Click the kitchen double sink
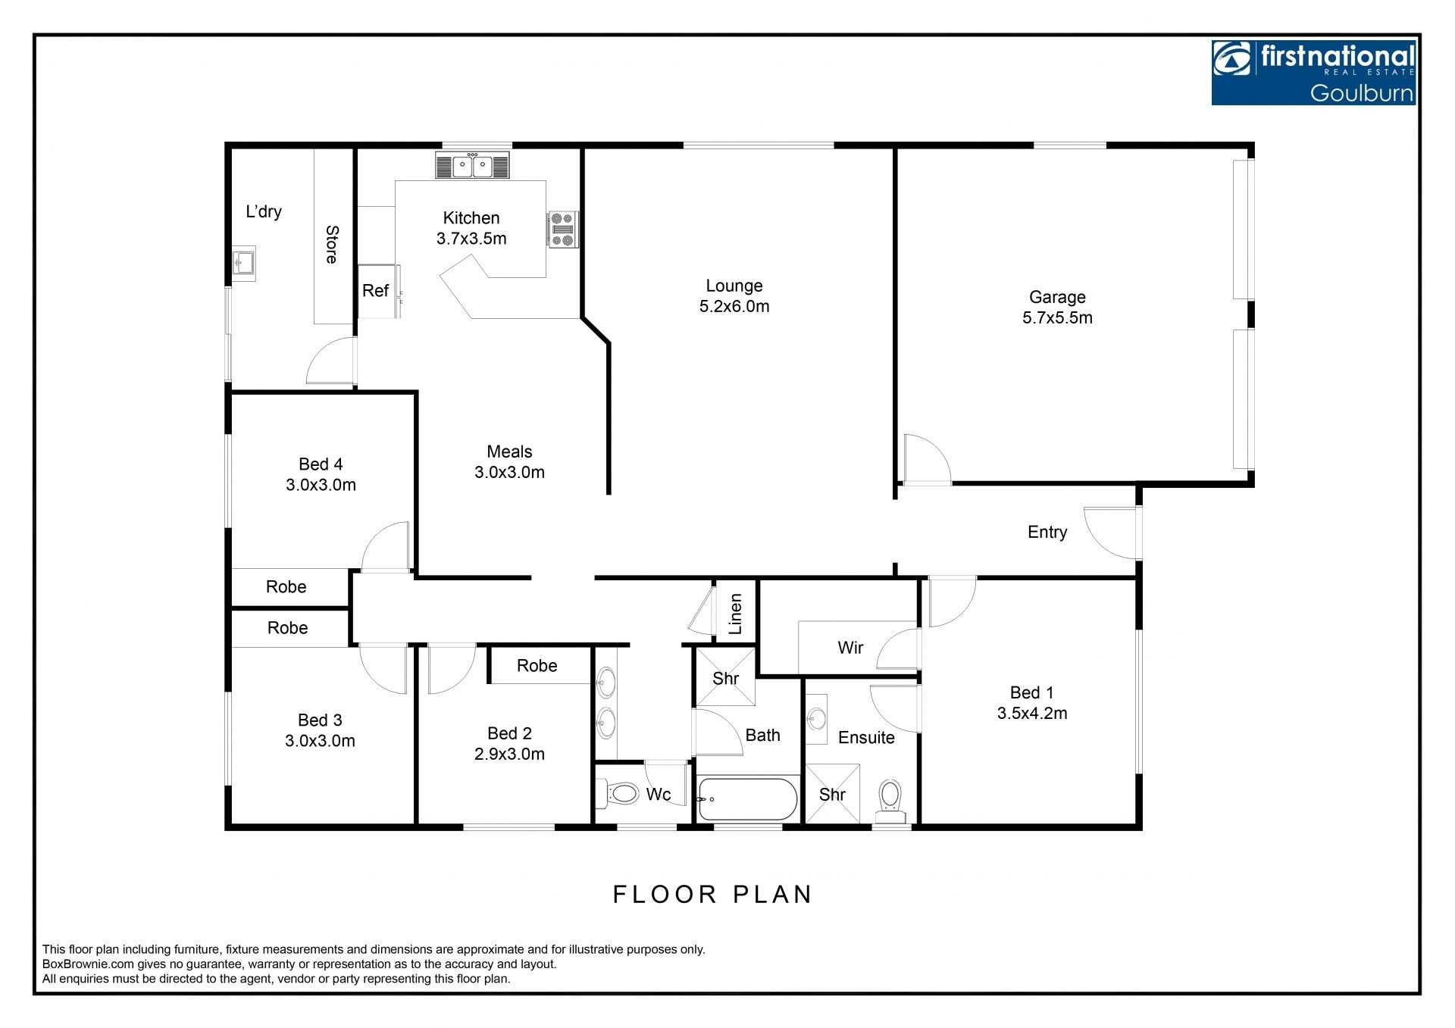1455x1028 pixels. click(473, 166)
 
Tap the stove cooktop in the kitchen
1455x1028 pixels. click(563, 230)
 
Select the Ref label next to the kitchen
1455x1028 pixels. click(375, 290)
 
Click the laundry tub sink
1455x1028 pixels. click(244, 264)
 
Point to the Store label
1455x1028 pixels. click(331, 245)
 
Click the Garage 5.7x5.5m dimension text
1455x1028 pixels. click(1057, 317)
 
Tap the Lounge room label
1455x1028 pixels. click(734, 286)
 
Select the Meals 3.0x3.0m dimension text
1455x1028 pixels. click(509, 472)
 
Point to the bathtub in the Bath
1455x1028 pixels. click(747, 798)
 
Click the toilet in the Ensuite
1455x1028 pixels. click(890, 801)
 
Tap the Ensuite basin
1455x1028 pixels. click(816, 718)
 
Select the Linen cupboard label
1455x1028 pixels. click(735, 614)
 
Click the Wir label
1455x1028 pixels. click(850, 648)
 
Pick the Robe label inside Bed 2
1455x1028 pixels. click(537, 666)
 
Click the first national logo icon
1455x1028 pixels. click(1232, 60)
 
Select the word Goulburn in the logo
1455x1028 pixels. click(1362, 93)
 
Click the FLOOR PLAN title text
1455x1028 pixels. click(712, 895)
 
